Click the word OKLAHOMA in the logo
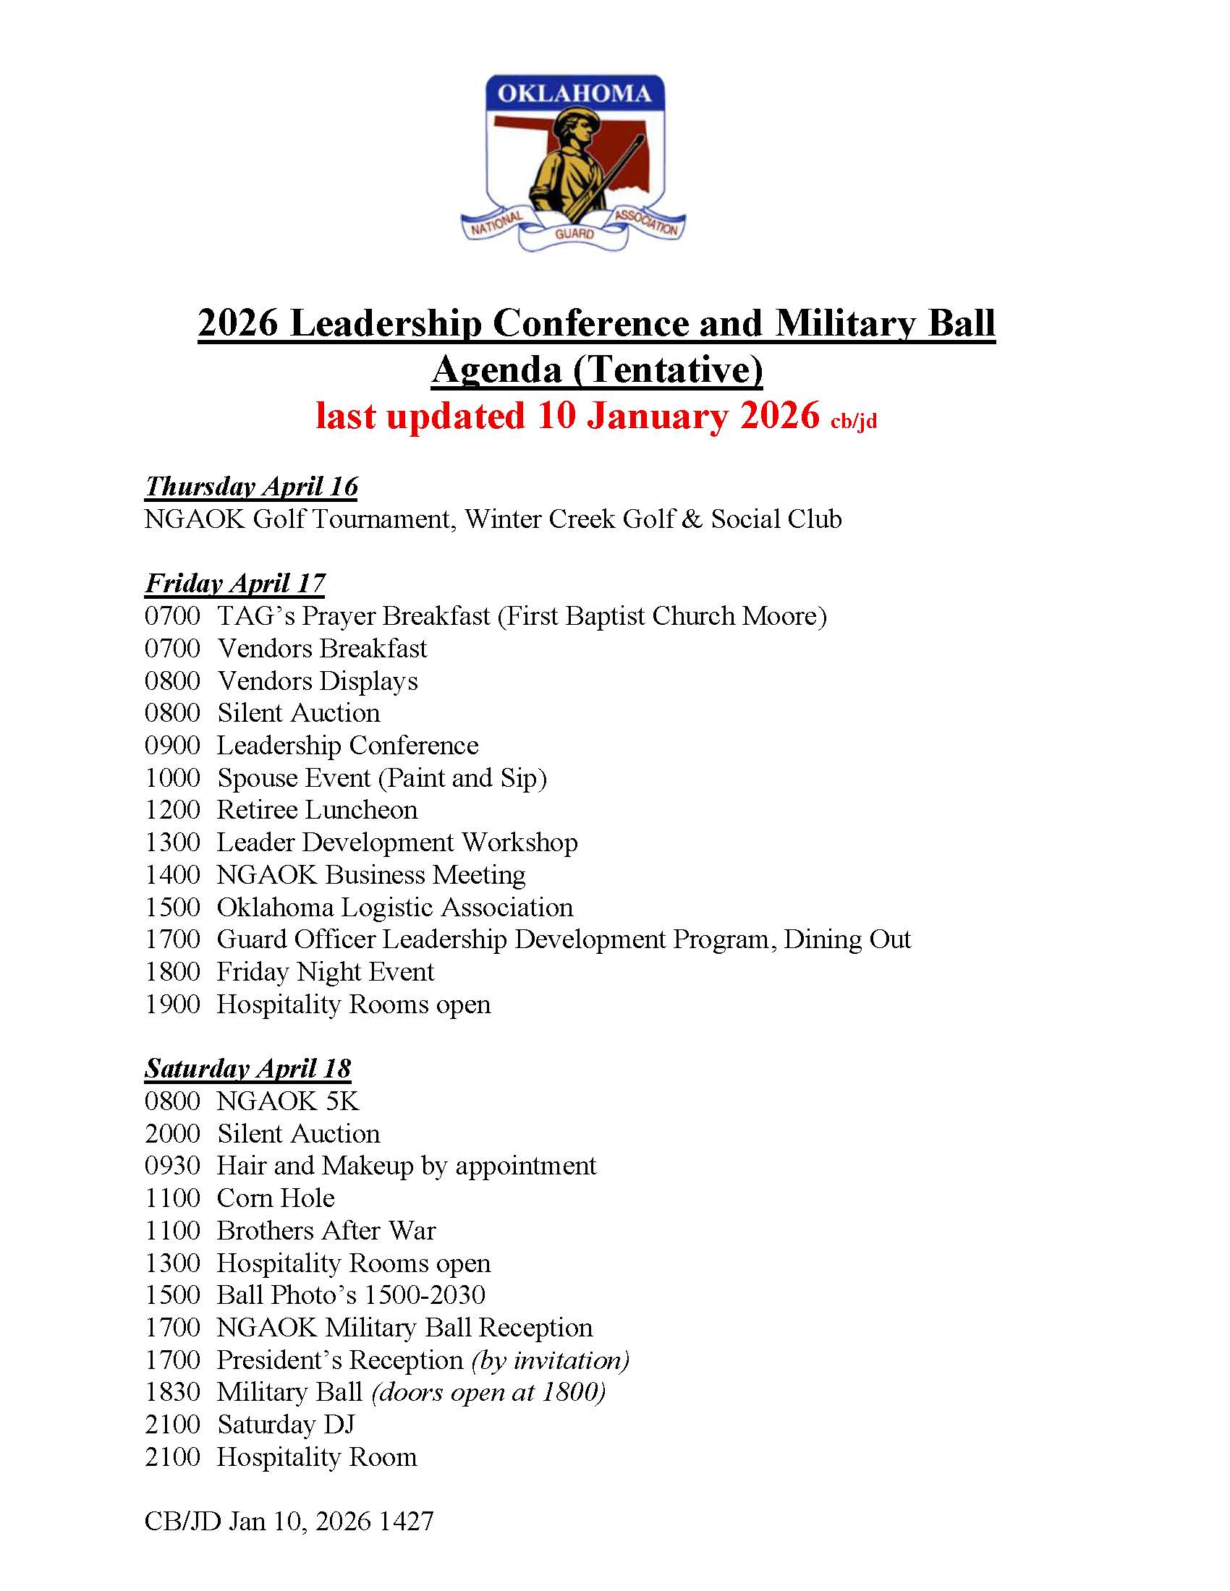[x=574, y=93]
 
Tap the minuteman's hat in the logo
[x=577, y=119]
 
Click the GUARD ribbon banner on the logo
[x=574, y=234]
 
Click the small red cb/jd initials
[x=853, y=421]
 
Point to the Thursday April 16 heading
[x=251, y=487]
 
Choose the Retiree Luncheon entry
[x=318, y=810]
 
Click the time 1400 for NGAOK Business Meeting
[x=173, y=875]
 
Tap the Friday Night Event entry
[x=326, y=972]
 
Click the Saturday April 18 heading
[x=247, y=1069]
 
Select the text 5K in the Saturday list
[x=342, y=1101]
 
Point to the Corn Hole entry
[x=276, y=1198]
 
